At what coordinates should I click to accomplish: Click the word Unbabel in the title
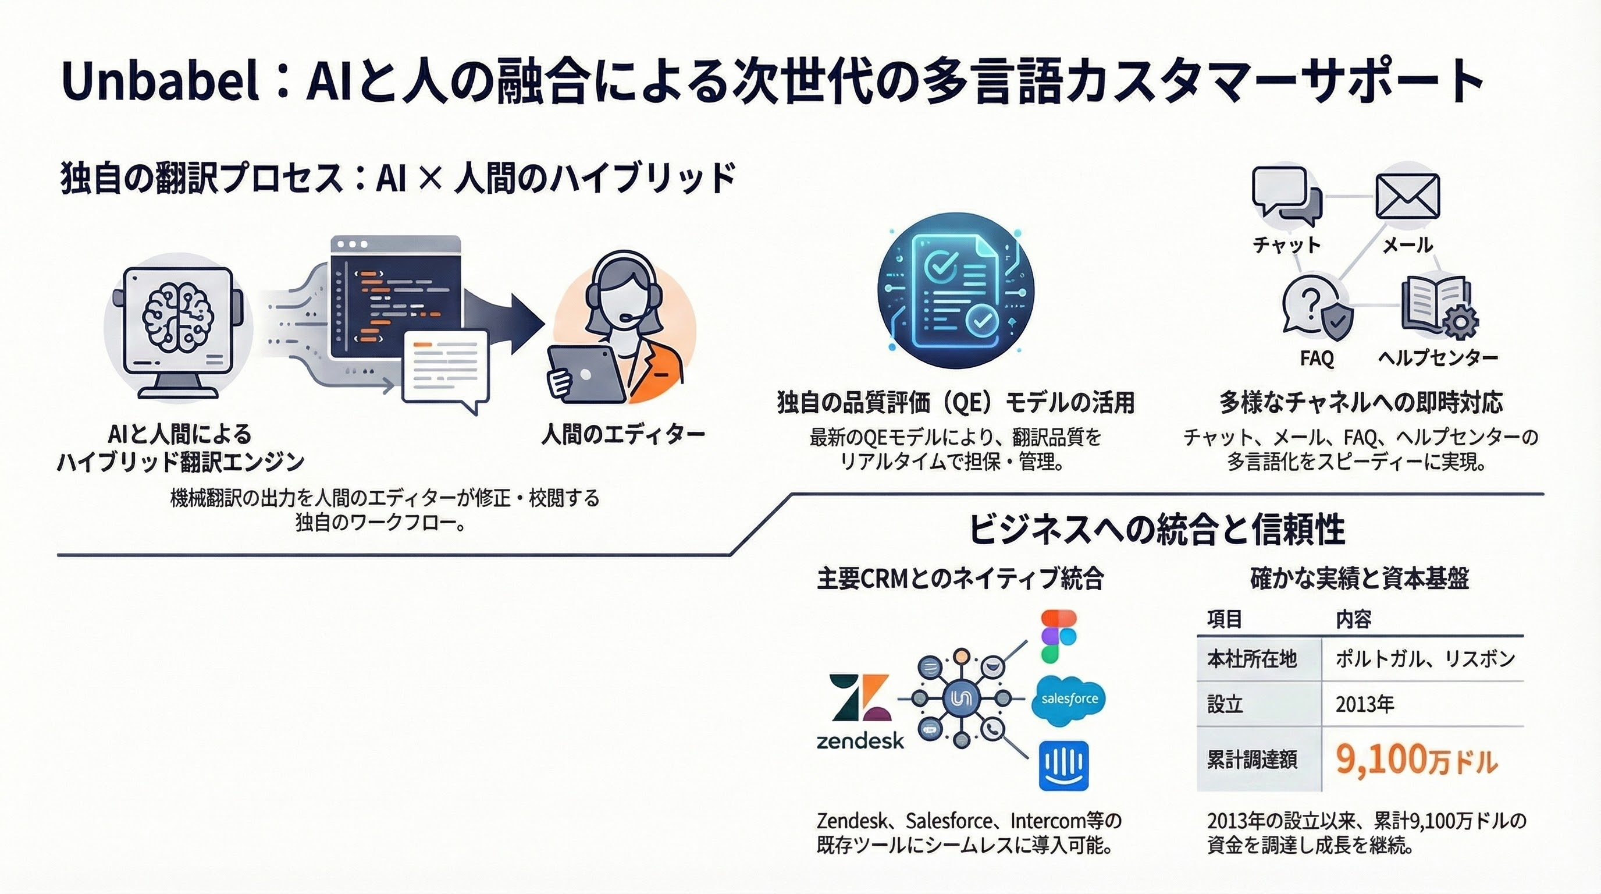(161, 81)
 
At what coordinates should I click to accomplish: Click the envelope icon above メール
(1407, 197)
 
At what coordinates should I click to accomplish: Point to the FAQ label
(1317, 359)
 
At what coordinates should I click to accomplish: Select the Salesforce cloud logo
(1069, 700)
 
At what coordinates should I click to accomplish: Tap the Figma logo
(1058, 636)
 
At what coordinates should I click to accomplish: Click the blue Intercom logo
(1064, 765)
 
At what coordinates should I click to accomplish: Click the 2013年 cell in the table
(1365, 704)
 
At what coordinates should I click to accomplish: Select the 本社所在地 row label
(1252, 659)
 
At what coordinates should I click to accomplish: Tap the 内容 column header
(1353, 619)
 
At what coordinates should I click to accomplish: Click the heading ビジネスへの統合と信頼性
(1157, 530)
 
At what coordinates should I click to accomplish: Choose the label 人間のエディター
(622, 434)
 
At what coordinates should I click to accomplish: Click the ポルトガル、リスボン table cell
(1426, 659)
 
